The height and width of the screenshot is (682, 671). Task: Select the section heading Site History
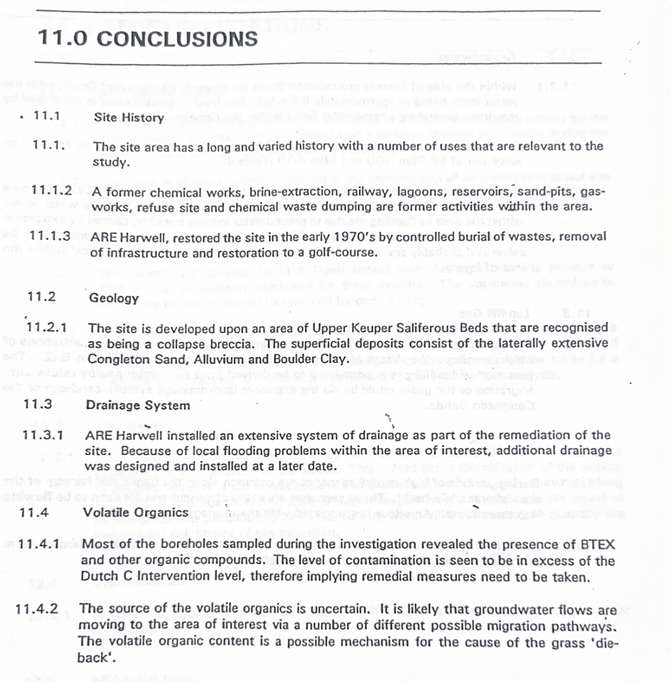[129, 117]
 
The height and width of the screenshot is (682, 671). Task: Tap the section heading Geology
[114, 297]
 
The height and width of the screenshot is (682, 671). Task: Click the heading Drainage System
[137, 405]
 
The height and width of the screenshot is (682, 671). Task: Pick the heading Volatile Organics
[136, 512]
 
